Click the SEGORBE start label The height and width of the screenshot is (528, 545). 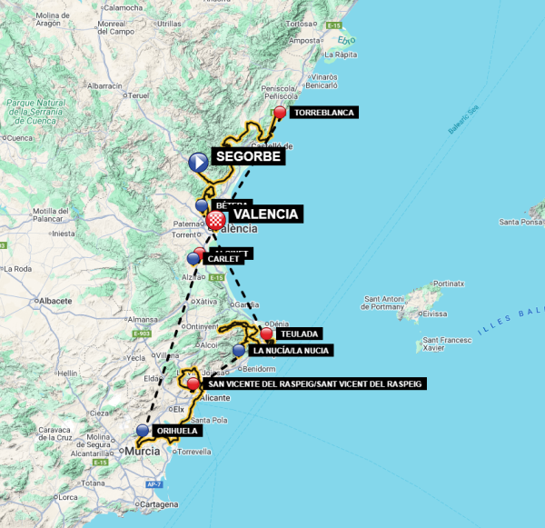tap(249, 157)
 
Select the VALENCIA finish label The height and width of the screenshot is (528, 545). tap(265, 214)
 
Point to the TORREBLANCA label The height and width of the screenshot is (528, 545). tap(323, 113)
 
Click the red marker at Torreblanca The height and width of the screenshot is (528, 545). tap(280, 113)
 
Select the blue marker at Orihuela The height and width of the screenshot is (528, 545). tap(143, 431)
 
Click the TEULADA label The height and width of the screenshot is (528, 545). tap(298, 334)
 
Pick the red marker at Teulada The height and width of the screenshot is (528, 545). tap(266, 334)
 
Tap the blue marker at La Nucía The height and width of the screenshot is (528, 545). tap(239, 350)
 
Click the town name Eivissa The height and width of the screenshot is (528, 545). tap(436, 314)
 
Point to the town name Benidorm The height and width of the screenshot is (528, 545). tap(259, 368)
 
